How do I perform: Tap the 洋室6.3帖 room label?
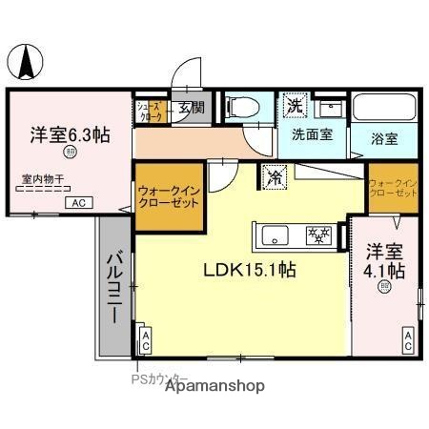[x=68, y=134]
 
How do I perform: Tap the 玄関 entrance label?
[x=190, y=108]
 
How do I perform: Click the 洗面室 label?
[x=312, y=134]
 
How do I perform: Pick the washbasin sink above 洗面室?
[x=330, y=107]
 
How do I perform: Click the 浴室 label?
[x=385, y=139]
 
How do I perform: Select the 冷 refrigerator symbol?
[x=275, y=176]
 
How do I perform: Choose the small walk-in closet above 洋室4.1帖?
[x=393, y=187]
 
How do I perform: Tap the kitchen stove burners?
[x=317, y=235]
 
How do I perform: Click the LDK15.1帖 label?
[x=250, y=270]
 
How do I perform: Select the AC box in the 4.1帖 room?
[x=407, y=340]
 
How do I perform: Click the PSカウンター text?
[x=160, y=378]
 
